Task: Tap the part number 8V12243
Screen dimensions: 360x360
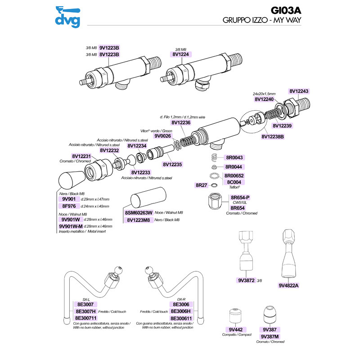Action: tap(299, 91)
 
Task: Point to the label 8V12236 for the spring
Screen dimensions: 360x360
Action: tap(181, 122)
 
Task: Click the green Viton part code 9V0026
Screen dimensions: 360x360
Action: tap(163, 135)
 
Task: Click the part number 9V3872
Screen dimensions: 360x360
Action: tap(245, 280)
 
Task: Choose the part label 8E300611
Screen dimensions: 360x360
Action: tap(181, 317)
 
